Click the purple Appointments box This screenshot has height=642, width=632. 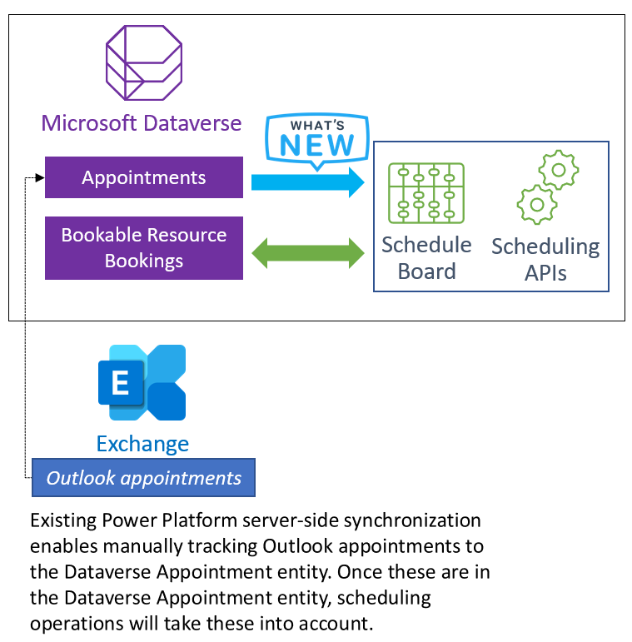(143, 177)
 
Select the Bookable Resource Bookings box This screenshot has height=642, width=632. (143, 247)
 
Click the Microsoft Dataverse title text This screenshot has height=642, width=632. (142, 124)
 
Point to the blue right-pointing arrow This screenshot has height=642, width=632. (307, 182)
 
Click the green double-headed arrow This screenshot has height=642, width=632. (307, 252)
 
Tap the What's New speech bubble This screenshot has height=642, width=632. (316, 140)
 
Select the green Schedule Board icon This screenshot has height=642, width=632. (426, 194)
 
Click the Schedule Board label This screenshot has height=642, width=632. (426, 258)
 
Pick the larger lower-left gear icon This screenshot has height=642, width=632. (536, 204)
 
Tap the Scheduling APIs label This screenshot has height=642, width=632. (545, 260)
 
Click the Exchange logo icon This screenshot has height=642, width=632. (142, 383)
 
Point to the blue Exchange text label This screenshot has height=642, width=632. (142, 444)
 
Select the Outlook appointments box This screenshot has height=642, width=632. (143, 478)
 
